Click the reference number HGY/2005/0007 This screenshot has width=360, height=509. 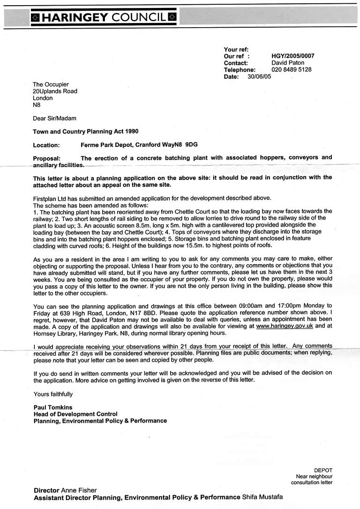coord(293,56)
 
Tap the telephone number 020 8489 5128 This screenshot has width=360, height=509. coord(292,69)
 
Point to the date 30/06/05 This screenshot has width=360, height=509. coord(259,76)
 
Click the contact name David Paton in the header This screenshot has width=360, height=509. coord(288,62)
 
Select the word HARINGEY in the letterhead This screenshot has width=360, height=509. coord(75,18)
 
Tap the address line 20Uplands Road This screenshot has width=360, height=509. coord(55,91)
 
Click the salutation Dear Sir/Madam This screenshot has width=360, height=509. coord(54,118)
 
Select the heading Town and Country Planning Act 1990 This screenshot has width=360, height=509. coord(86,131)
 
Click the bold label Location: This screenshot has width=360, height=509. coord(46,145)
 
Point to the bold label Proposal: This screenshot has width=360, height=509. coord(47,158)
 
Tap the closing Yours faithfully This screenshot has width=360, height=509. coord(53,394)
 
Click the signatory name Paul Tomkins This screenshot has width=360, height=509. coord(52,407)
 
